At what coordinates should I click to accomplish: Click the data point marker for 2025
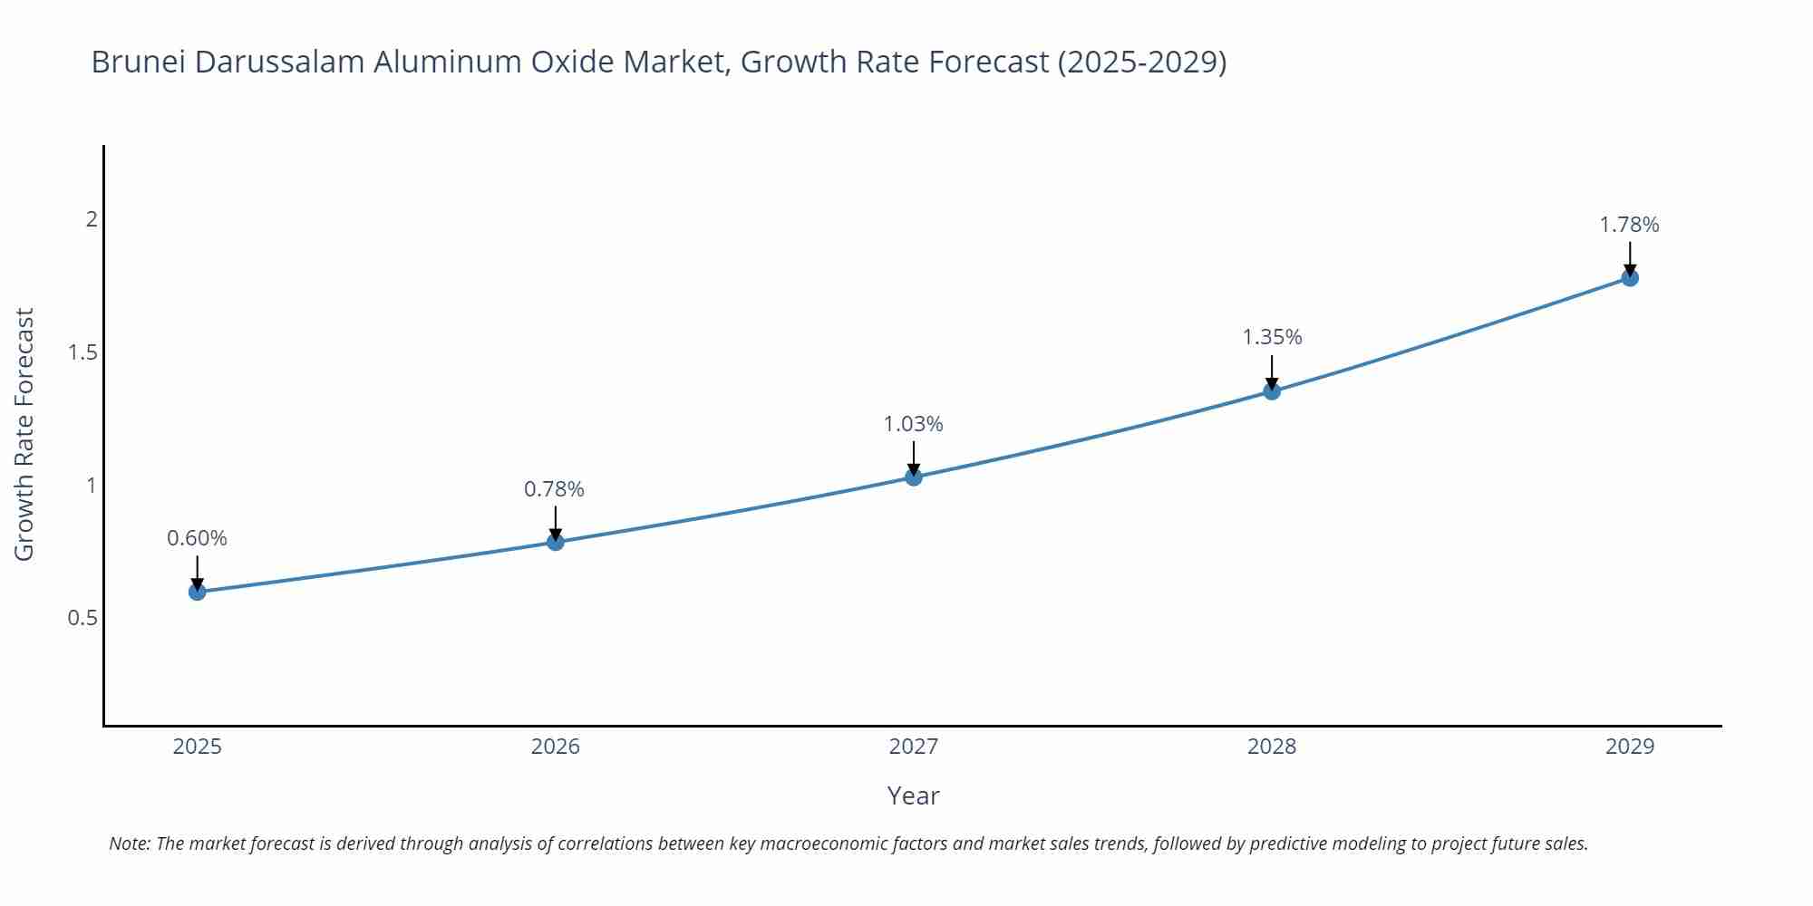[x=197, y=592]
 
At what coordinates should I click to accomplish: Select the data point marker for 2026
[x=556, y=542]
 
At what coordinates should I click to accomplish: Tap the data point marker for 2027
[x=914, y=477]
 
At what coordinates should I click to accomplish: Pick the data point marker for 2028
[x=1272, y=391]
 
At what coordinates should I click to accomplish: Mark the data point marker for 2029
[x=1630, y=277]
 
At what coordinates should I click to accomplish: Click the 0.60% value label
[x=197, y=538]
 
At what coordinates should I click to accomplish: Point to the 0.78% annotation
[x=554, y=489]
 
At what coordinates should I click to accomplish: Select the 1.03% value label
[x=913, y=424]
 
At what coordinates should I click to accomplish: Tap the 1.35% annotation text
[x=1272, y=337]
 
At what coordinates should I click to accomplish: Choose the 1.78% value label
[x=1629, y=225]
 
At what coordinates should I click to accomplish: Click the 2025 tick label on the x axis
[x=197, y=747]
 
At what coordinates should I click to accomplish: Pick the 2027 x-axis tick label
[x=914, y=747]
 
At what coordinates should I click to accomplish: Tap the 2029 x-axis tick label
[x=1630, y=747]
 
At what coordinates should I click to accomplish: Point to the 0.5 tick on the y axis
[x=82, y=618]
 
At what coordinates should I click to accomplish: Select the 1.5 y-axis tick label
[x=82, y=352]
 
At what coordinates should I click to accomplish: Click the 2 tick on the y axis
[x=91, y=219]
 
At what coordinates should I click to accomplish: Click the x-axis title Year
[x=913, y=795]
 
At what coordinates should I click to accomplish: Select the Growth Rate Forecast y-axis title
[x=24, y=434]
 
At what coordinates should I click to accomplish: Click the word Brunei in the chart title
[x=138, y=62]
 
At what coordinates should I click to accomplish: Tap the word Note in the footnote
[x=130, y=843]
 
